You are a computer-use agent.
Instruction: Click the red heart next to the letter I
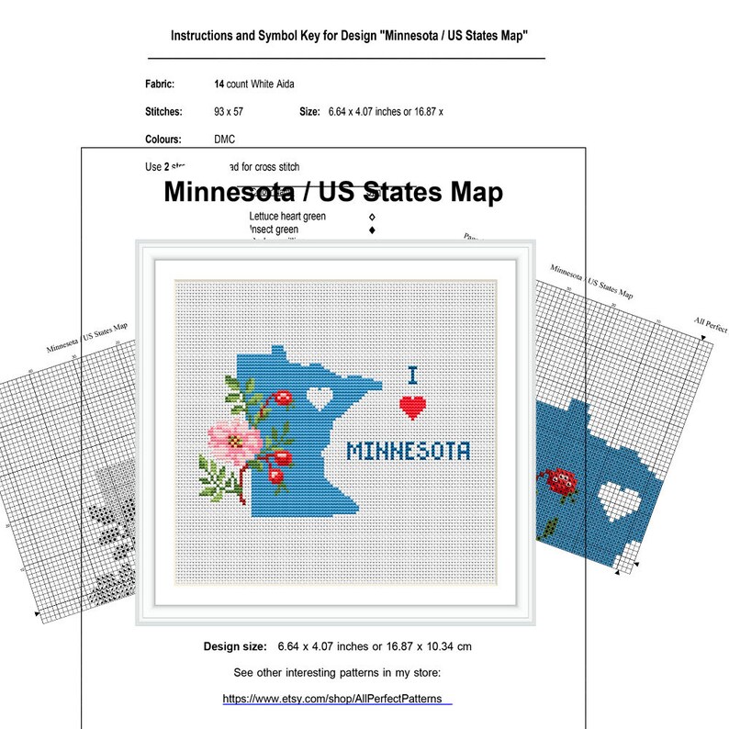coord(414,406)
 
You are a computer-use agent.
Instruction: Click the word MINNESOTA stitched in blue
coord(409,451)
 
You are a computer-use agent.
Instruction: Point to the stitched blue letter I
coord(413,375)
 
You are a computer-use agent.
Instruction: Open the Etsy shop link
coord(337,699)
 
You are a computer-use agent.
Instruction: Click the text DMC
coord(224,140)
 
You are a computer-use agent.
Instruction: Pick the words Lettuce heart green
coord(287,217)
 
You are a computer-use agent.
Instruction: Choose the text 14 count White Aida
coord(254,84)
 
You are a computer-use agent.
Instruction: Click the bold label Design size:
coord(236,646)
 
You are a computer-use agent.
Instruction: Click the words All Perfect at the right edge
coord(711,326)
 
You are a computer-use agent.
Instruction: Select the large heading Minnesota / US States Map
coord(333,193)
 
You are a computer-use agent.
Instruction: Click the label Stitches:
coord(164,112)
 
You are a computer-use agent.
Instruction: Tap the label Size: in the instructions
coord(310,112)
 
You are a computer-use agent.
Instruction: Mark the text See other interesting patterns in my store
coord(338,672)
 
